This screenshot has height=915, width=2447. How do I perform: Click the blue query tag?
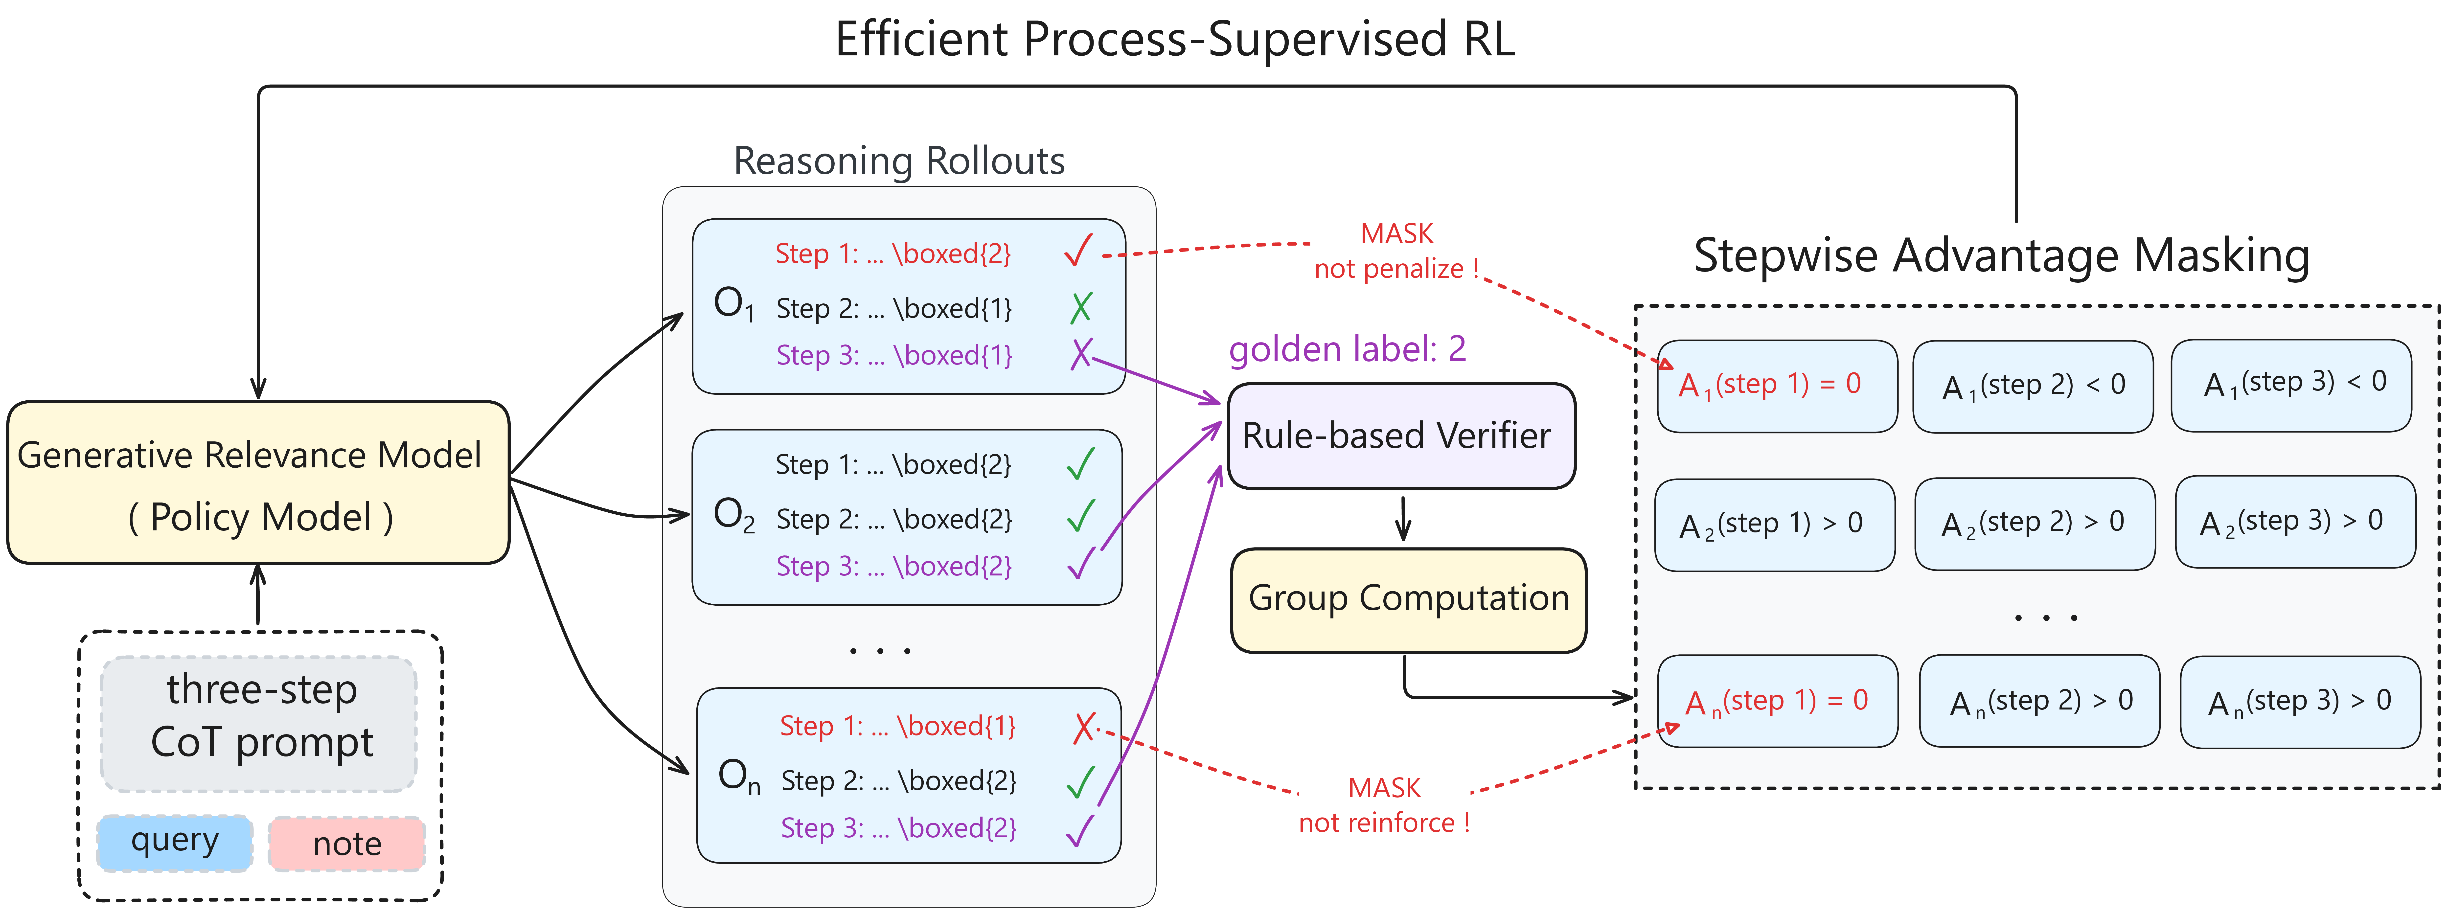coord(175,842)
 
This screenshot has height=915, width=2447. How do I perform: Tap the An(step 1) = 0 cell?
coord(1776,701)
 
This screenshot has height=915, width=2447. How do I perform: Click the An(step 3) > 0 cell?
coord(2299,701)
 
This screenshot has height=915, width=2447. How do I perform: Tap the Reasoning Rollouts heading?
coord(899,161)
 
